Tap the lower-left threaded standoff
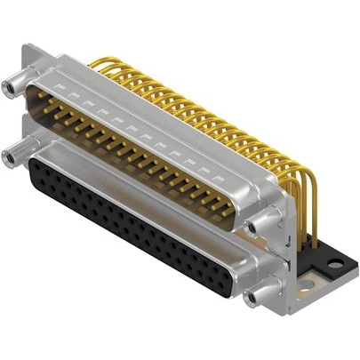point(12,158)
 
